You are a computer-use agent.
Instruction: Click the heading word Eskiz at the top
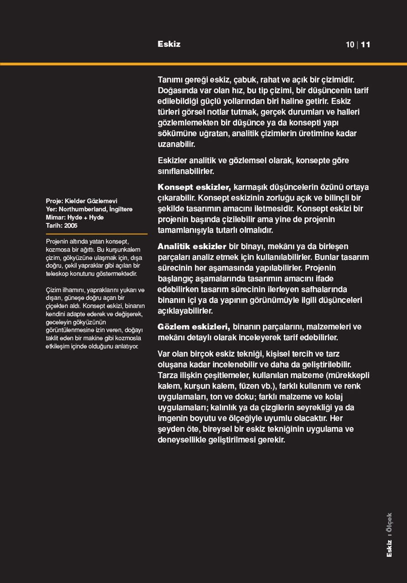(x=169, y=44)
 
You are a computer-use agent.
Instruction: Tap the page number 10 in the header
(x=350, y=45)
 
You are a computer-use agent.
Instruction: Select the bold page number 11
(x=365, y=45)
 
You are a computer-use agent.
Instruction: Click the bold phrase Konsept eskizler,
(x=194, y=187)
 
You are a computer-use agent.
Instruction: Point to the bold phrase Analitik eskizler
(x=192, y=246)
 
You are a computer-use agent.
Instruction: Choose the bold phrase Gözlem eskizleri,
(x=194, y=327)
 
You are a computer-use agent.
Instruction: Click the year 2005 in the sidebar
(x=71, y=225)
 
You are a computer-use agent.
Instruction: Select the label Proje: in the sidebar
(x=54, y=201)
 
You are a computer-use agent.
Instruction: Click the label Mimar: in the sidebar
(x=55, y=217)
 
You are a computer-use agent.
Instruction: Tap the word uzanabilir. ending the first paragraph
(x=176, y=144)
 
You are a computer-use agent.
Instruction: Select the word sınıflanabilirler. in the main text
(x=186, y=171)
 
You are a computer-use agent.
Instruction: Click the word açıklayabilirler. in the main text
(x=185, y=311)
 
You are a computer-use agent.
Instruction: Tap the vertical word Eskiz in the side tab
(x=389, y=548)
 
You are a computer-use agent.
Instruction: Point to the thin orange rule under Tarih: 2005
(x=96, y=234)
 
